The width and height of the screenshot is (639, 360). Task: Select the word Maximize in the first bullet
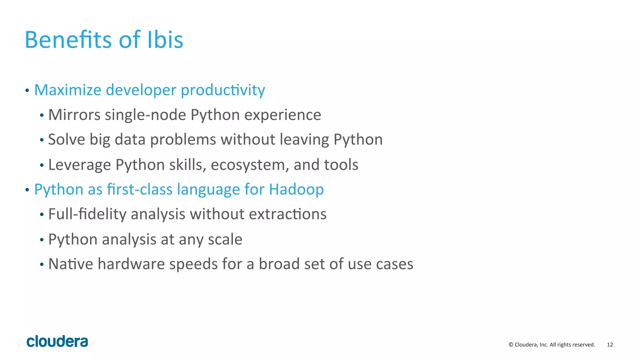click(68, 90)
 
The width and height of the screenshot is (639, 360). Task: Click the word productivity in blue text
click(223, 91)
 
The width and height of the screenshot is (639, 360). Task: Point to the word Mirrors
click(74, 115)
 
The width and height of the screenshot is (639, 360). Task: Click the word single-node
click(145, 115)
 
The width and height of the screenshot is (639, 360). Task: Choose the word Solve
click(66, 139)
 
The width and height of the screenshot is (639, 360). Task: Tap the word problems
click(183, 140)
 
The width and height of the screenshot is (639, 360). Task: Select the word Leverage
click(80, 165)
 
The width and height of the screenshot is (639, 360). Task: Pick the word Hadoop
click(296, 190)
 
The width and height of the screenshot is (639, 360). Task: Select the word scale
click(225, 239)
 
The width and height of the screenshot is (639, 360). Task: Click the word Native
click(71, 264)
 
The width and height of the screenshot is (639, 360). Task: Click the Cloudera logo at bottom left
click(57, 342)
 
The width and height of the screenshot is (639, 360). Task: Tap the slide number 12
click(610, 345)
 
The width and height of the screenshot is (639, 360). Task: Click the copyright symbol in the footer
click(511, 345)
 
